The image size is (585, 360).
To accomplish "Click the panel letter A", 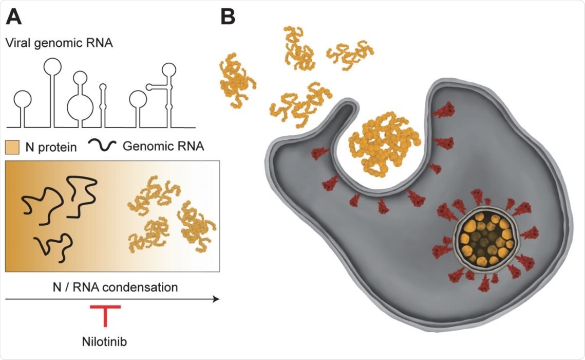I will coord(14,17).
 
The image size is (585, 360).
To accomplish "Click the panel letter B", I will coord(228,17).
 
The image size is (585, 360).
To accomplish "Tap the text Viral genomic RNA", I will coord(60,43).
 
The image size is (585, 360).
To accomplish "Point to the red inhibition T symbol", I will coord(105,314).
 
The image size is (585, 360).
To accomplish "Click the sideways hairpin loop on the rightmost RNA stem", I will coord(149,87).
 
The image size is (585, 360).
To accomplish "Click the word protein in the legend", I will coord(59,148).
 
